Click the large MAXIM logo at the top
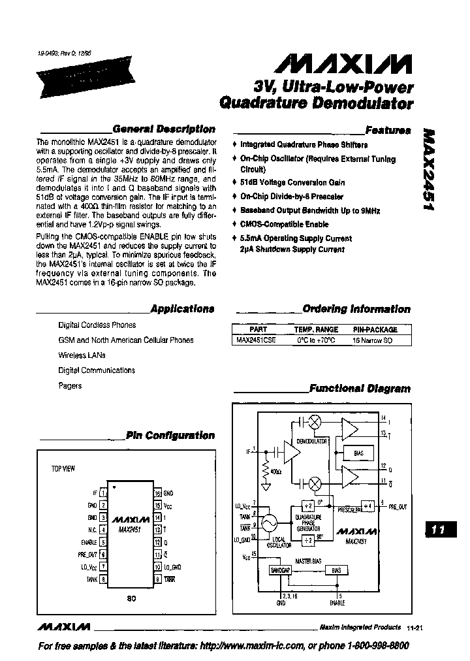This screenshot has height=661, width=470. pyautogui.click(x=343, y=63)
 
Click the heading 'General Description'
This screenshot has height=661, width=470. pyautogui.click(x=163, y=129)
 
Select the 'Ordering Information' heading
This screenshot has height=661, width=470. pyautogui.click(x=356, y=309)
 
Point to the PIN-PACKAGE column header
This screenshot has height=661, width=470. pyautogui.click(x=375, y=330)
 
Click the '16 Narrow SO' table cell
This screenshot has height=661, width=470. pyautogui.click(x=373, y=340)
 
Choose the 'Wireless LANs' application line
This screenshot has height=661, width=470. pyautogui.click(x=82, y=355)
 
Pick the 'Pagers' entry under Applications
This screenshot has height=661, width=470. pyautogui.click(x=70, y=385)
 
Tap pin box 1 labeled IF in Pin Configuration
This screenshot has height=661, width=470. pyautogui.click(x=103, y=493)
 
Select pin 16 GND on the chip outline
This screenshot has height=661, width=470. pyautogui.click(x=157, y=493)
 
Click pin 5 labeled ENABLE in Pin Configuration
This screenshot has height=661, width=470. pyautogui.click(x=103, y=542)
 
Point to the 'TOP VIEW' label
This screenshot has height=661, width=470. pyautogui.click(x=63, y=468)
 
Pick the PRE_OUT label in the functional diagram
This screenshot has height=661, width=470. pyautogui.click(x=398, y=506)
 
